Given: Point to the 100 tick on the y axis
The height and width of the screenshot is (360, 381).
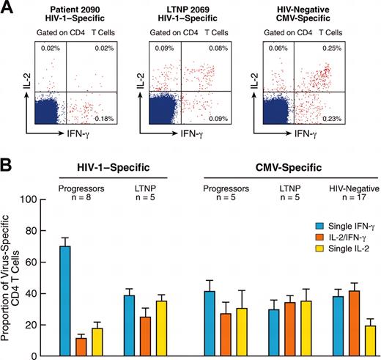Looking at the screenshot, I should coord(31,199).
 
